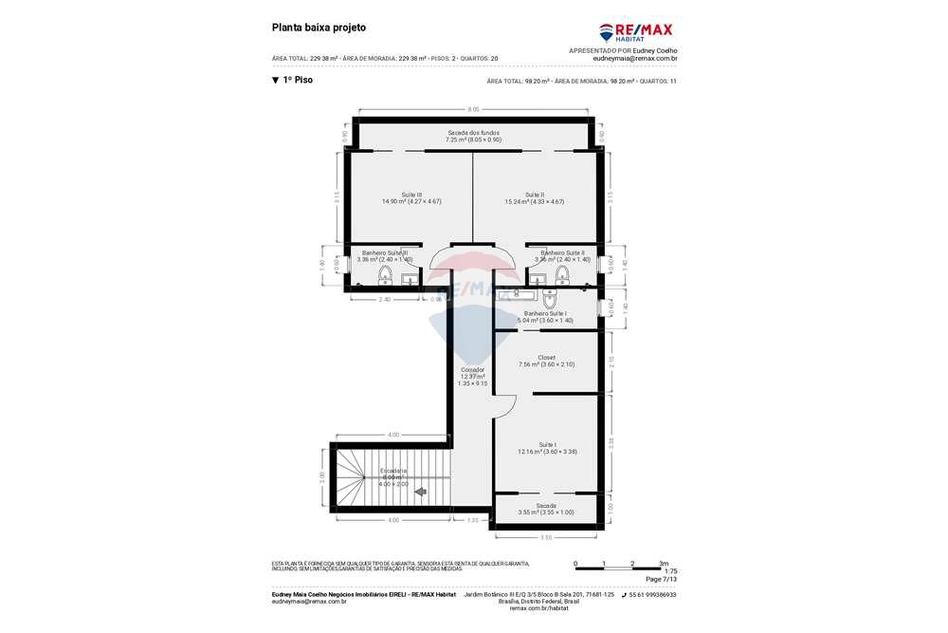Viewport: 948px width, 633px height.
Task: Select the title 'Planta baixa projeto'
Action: (x=319, y=28)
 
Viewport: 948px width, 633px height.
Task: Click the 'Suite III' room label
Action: (x=411, y=195)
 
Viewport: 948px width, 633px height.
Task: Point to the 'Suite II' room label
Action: (x=535, y=195)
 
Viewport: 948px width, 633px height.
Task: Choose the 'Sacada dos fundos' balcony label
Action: (x=473, y=133)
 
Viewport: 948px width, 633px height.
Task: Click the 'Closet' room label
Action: (x=546, y=358)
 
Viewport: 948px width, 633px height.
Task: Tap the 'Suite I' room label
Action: (x=547, y=445)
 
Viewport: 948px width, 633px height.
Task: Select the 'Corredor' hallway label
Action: (x=472, y=369)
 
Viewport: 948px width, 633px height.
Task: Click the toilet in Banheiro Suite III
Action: (x=386, y=275)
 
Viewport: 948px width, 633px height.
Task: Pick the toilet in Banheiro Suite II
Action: (x=562, y=275)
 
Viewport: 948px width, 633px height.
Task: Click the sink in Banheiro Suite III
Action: (x=409, y=278)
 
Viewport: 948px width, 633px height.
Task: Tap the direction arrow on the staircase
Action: (x=419, y=492)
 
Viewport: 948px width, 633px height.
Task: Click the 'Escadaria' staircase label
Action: (x=393, y=471)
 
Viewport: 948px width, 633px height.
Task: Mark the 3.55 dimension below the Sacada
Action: (x=546, y=538)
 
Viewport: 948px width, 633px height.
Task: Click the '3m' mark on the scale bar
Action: (x=664, y=564)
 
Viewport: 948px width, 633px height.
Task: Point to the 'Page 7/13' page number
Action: (x=661, y=579)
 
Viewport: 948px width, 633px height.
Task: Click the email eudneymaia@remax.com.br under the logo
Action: (x=634, y=58)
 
